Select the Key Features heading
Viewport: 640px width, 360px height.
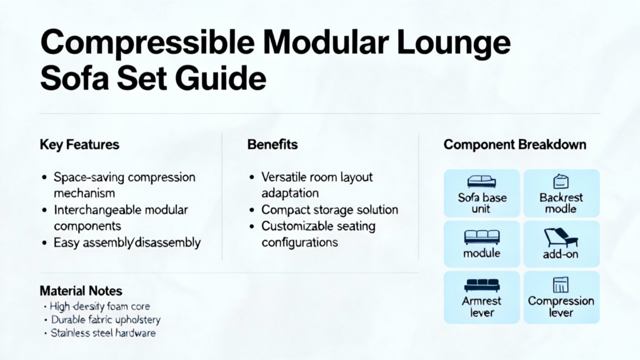[x=79, y=145]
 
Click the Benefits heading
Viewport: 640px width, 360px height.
[x=272, y=145]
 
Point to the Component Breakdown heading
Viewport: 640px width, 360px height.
[x=515, y=145]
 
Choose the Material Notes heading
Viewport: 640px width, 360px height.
[x=81, y=291]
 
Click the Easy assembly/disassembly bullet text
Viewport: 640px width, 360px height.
[x=127, y=242]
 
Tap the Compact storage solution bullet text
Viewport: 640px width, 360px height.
[x=329, y=210]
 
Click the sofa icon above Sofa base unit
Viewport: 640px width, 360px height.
[x=481, y=182]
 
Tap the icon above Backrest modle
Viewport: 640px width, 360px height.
[x=561, y=182]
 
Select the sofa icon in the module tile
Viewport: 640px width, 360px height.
[x=481, y=237]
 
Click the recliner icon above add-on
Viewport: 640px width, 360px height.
[x=561, y=237]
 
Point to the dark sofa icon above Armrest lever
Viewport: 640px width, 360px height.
[x=481, y=285]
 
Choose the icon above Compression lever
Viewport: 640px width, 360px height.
[x=561, y=285]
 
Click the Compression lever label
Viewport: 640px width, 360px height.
[x=561, y=306]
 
